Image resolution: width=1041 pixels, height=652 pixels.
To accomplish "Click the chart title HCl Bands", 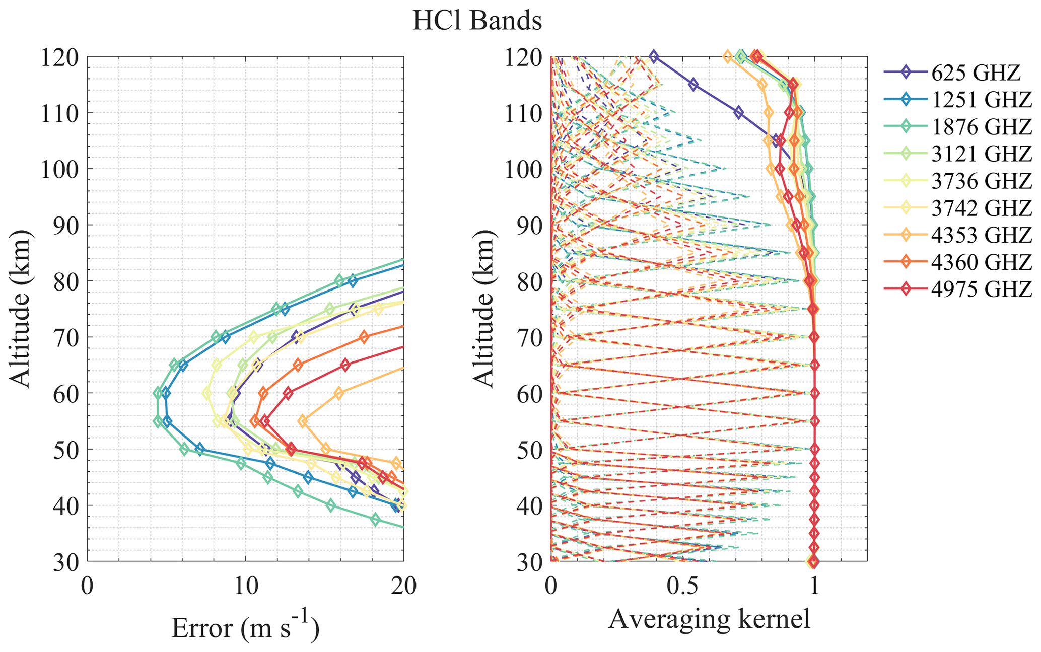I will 477,22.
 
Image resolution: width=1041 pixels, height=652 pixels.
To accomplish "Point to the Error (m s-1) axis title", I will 245,627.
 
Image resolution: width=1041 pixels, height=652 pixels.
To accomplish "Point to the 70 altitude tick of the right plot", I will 530,338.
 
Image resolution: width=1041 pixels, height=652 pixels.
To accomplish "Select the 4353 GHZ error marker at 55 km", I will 303,421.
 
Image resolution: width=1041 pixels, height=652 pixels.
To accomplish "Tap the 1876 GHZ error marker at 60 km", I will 158,393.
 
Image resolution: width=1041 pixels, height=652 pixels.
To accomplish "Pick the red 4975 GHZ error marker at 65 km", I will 345,365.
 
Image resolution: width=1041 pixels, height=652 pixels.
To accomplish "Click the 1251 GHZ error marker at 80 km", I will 353,281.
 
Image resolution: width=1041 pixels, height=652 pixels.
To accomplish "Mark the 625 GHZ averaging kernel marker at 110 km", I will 738,112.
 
